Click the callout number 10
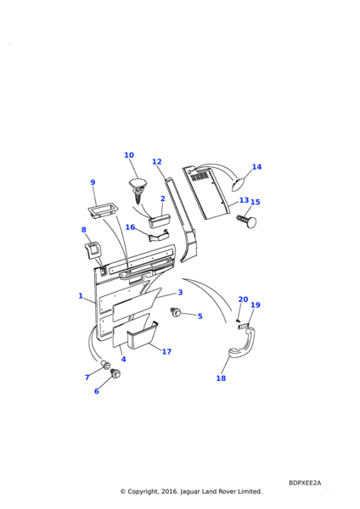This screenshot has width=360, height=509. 129,155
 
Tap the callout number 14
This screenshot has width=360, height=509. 256,167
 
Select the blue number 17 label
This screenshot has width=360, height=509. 166,351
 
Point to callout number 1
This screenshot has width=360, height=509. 81,296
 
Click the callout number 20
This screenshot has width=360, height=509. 243,299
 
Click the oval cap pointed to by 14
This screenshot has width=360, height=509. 239,183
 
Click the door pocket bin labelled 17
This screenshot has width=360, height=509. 142,336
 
